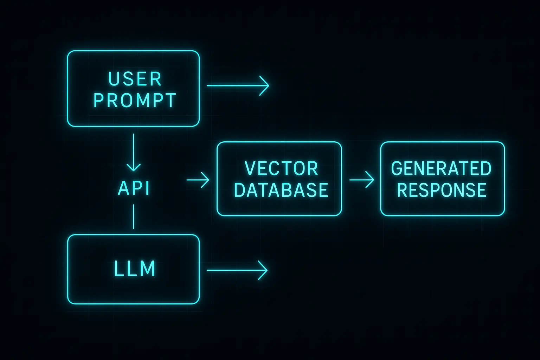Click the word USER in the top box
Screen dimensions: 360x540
[135, 79]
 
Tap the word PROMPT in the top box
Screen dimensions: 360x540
[135, 101]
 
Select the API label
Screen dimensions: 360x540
[134, 188]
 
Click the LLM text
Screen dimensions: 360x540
[135, 269]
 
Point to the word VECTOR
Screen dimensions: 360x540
[281, 168]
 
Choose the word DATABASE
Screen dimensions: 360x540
[281, 190]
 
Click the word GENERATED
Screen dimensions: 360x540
[441, 168]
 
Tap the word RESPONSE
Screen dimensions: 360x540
[442, 190]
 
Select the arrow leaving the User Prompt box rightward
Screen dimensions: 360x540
[238, 85]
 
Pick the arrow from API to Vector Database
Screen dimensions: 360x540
[198, 180]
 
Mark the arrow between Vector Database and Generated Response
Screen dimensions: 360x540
[361, 180]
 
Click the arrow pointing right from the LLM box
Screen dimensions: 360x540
[237, 270]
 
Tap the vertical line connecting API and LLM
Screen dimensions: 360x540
[134, 217]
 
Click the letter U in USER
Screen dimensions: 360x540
[114, 79]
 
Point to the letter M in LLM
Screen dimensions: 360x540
[148, 269]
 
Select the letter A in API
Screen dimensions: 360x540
[124, 188]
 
